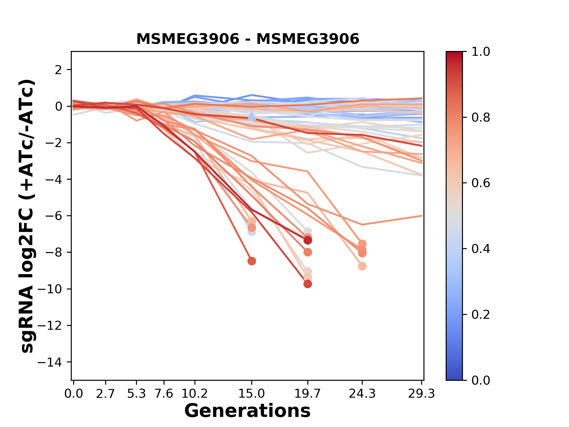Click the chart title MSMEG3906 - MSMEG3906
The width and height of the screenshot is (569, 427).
click(x=247, y=39)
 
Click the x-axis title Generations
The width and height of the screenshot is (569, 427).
click(x=247, y=411)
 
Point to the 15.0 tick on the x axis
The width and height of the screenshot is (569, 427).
click(x=252, y=394)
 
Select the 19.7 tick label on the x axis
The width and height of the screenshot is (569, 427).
click(x=308, y=394)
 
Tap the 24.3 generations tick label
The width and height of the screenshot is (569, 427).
click(x=362, y=394)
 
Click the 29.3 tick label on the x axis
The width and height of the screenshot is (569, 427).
click(x=421, y=394)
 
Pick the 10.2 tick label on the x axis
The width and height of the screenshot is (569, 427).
click(x=194, y=394)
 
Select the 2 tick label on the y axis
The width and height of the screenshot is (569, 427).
click(x=59, y=70)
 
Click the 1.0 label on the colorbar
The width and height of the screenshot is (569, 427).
click(x=481, y=52)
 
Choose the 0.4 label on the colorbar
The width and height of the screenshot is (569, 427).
click(x=481, y=249)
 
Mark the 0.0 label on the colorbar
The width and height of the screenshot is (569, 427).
click(x=481, y=380)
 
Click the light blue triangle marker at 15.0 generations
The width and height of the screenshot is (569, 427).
click(x=252, y=116)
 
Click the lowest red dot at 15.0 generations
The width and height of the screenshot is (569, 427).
click(x=252, y=261)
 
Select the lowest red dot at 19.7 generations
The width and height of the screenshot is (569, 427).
click(x=308, y=284)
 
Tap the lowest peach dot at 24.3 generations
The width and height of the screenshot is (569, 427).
click(x=362, y=266)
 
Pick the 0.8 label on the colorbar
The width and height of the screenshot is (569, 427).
click(x=481, y=118)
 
